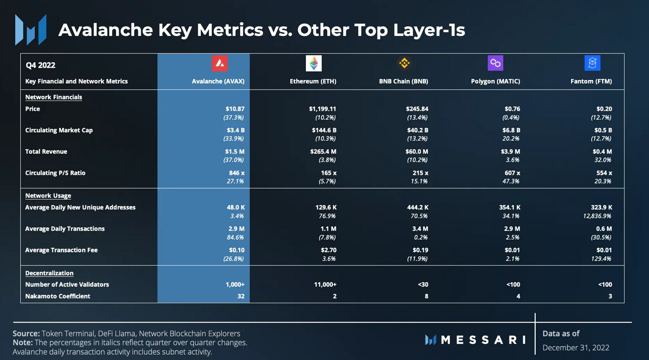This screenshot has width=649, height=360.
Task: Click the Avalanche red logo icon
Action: point(219,63)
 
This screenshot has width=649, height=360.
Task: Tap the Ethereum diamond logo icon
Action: point(314,63)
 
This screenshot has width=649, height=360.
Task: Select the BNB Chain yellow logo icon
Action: point(404,63)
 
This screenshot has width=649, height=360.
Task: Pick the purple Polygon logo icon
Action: point(496,63)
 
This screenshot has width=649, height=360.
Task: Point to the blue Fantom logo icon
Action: point(592,63)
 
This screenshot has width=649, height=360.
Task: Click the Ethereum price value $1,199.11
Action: point(322,109)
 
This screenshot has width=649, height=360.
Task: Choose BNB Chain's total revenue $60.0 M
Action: point(418,151)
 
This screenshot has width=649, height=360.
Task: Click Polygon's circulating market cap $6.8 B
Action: point(510,130)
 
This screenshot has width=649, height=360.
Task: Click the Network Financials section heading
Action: point(54,97)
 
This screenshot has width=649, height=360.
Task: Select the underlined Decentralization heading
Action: point(49,273)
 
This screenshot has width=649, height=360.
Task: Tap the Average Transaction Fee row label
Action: point(61,250)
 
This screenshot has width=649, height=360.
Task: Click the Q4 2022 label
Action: point(41,66)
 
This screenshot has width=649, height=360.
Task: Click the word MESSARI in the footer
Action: point(483,340)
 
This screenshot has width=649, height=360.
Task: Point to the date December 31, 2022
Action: point(576,348)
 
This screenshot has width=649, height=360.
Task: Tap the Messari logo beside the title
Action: point(31,30)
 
